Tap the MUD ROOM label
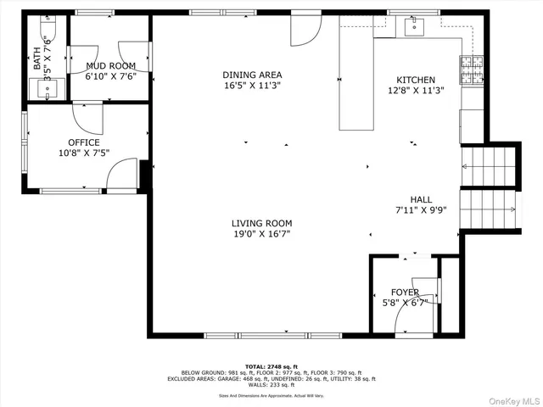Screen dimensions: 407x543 coord(110,65)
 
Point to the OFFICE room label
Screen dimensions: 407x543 coord(84,142)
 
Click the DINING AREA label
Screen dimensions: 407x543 coord(252,75)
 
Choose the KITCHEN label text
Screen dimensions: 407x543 coord(411,81)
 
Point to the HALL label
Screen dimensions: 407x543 coord(421,199)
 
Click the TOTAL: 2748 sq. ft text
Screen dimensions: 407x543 coord(271,366)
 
